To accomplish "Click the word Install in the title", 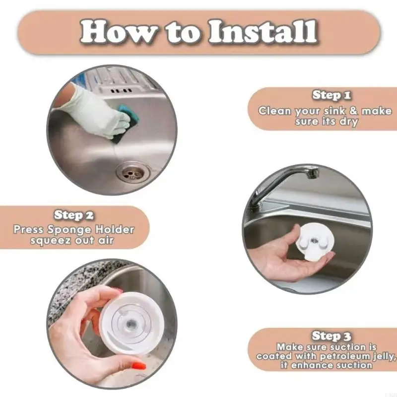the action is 263,32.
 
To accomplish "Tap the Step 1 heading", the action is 331,95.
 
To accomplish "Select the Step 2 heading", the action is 73,215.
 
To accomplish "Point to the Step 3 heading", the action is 331,336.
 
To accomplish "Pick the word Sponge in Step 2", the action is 69,230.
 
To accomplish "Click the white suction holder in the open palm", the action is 315,241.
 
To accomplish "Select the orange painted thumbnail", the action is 139,366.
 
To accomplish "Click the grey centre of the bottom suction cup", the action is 132,324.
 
